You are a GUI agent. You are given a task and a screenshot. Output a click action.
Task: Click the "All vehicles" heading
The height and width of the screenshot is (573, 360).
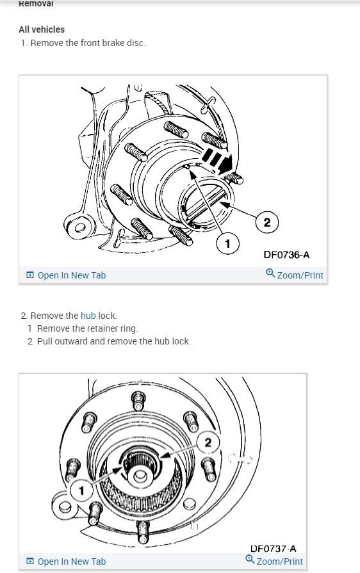click(42, 29)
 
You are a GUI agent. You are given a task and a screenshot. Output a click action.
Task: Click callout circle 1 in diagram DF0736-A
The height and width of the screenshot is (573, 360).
click(227, 243)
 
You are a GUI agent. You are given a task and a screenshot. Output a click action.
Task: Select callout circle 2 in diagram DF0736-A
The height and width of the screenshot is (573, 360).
click(267, 222)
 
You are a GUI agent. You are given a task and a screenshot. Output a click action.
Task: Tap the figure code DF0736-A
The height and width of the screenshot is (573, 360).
click(286, 254)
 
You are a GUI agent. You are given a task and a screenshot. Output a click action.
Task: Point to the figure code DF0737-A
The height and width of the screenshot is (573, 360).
click(274, 548)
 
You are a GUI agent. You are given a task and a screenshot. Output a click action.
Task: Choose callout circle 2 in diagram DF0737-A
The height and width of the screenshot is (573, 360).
click(208, 442)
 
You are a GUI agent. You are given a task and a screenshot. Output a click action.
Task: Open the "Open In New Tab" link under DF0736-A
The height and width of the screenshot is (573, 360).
click(66, 275)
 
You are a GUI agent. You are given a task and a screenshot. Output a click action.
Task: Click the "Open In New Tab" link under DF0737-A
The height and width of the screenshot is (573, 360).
click(66, 561)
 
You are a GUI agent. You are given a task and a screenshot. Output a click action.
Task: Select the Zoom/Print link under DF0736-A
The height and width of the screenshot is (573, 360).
click(295, 275)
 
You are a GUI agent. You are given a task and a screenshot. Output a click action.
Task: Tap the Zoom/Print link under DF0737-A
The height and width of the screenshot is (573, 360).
click(274, 561)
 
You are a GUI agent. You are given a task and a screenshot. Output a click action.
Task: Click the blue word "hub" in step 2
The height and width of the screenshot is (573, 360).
click(88, 316)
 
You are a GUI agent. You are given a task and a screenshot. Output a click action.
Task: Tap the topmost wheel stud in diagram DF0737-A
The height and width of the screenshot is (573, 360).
click(138, 401)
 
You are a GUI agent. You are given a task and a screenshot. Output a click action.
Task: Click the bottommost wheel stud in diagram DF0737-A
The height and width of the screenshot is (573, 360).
click(143, 532)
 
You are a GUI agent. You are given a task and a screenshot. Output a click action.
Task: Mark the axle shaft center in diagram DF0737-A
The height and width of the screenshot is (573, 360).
click(139, 476)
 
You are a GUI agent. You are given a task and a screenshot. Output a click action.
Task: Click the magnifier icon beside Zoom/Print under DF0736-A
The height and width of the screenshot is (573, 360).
click(270, 273)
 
